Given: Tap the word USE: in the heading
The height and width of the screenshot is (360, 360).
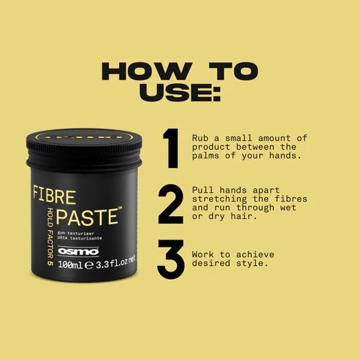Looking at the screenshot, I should point(180,93).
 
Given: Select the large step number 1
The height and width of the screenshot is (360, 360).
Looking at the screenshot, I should point(171,148).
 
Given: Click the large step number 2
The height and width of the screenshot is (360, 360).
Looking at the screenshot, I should point(171,204).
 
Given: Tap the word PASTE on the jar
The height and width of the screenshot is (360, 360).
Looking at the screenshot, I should point(85,216).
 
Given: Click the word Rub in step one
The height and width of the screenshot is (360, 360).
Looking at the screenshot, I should point(201,137).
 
